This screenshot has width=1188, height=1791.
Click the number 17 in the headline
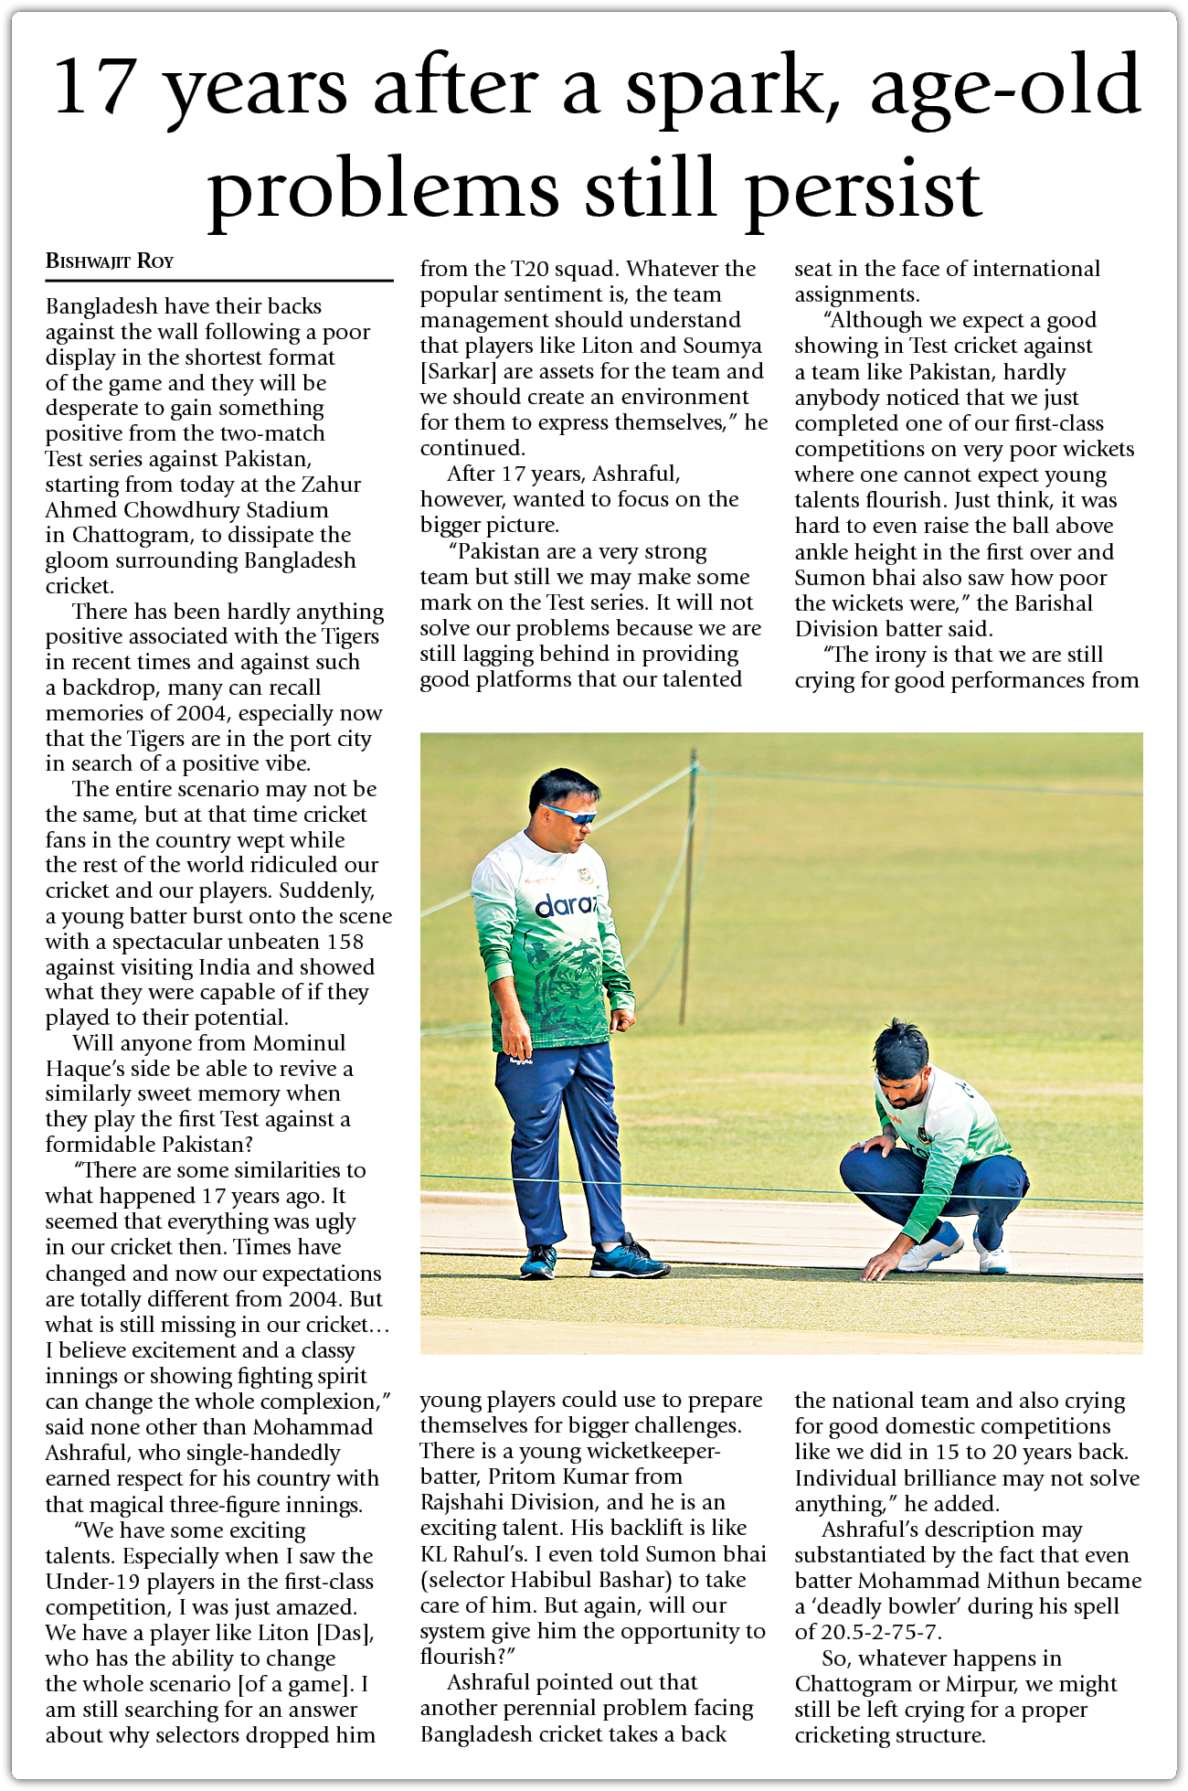point(95,87)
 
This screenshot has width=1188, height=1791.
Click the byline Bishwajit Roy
point(110,261)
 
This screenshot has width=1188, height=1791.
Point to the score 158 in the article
point(345,942)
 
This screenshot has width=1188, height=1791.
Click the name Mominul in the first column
point(299,1043)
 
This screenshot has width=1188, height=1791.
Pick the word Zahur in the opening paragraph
point(330,485)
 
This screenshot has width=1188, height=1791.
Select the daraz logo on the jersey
point(566,906)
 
